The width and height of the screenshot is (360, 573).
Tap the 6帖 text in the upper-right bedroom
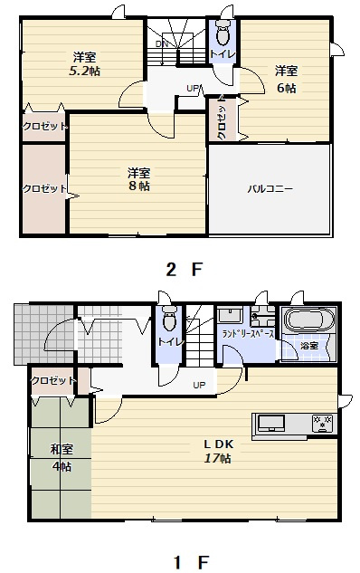pos(287,88)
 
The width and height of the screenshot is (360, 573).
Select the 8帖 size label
pos(138,186)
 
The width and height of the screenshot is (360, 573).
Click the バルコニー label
pos(270,189)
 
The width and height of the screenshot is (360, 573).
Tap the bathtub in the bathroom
pos(308,321)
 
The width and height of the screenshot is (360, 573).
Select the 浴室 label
pos(309,346)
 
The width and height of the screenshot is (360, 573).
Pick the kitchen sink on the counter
pos(271,423)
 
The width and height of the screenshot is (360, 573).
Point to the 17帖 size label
pos(219,459)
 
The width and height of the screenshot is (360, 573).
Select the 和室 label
pos(61,449)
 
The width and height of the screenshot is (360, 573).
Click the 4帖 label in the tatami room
pos(61,466)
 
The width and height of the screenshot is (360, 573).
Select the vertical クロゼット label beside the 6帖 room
pos(223,120)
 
